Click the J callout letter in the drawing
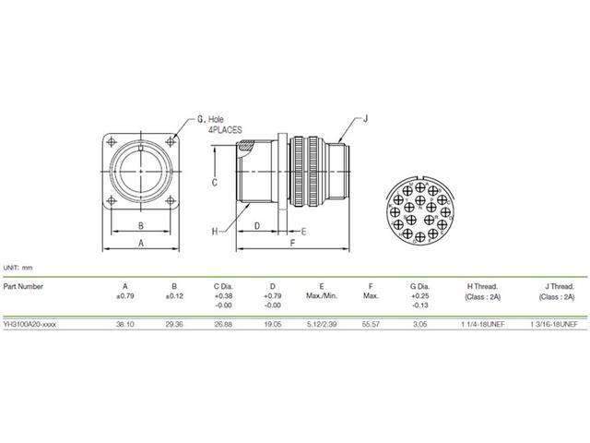[x=366, y=117]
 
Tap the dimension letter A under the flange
[x=140, y=242]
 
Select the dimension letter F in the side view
[x=291, y=242]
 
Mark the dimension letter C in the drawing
[x=213, y=182]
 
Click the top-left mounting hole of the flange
[x=113, y=141]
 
